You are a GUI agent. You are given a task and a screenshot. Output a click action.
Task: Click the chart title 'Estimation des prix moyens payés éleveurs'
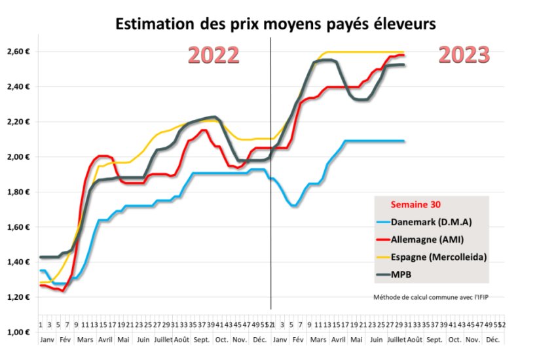click(x=275, y=24)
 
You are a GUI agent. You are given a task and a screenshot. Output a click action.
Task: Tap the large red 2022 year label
click(x=213, y=56)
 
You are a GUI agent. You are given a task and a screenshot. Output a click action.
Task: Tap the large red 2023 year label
click(x=464, y=56)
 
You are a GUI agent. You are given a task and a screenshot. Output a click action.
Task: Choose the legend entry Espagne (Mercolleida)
click(x=443, y=256)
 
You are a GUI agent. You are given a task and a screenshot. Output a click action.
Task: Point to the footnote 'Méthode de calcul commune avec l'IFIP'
click(x=431, y=297)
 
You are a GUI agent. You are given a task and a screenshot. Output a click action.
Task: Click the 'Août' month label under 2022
click(x=183, y=340)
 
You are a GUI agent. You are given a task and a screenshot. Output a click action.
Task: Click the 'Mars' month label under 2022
click(x=84, y=340)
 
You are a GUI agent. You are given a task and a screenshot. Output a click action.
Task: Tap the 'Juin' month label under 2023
click(x=377, y=340)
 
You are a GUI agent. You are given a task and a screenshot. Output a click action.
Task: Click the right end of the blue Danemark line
click(x=403, y=141)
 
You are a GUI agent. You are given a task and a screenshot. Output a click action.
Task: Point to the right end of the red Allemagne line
click(x=403, y=55)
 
